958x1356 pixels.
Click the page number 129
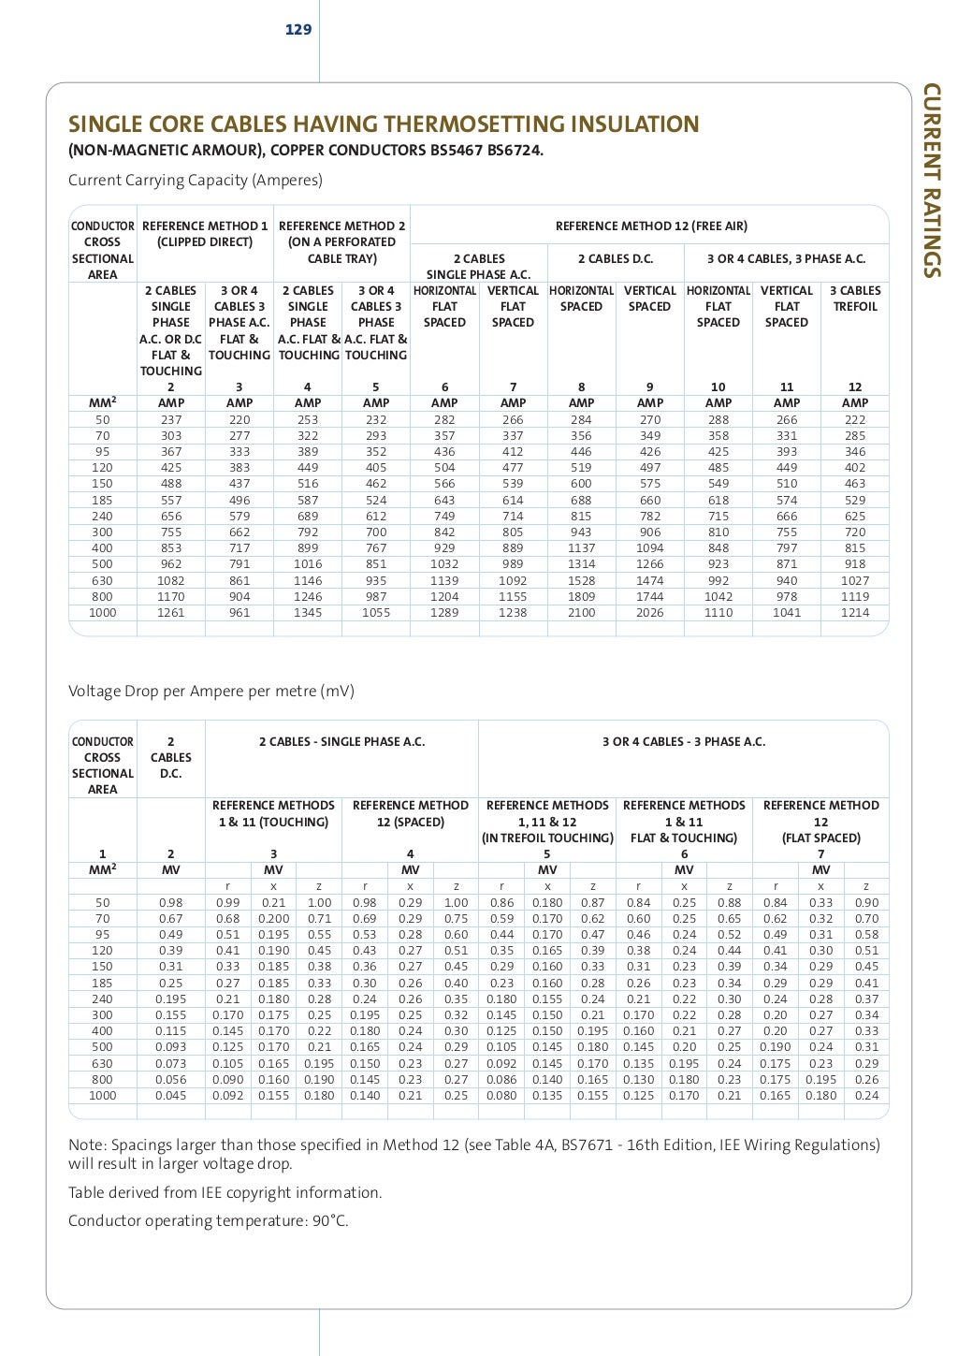click(298, 30)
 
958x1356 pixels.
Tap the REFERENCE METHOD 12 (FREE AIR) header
click(650, 226)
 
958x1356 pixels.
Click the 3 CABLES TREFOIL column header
click(854, 299)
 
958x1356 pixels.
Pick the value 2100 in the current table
click(581, 613)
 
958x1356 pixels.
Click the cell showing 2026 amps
click(649, 613)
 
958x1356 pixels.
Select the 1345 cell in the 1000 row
click(308, 613)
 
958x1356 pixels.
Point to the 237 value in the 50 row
click(171, 420)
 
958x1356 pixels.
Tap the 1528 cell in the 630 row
click(581, 581)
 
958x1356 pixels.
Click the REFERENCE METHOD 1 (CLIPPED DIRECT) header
click(205, 234)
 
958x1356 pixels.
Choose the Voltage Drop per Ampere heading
click(211, 692)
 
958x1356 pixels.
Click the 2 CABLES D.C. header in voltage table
click(170, 757)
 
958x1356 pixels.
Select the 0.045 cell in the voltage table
click(170, 1095)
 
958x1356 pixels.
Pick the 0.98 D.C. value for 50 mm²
click(170, 903)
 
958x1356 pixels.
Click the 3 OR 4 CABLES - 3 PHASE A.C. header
click(683, 742)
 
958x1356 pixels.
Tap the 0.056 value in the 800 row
click(170, 1079)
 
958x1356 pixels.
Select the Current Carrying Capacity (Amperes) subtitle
click(196, 181)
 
